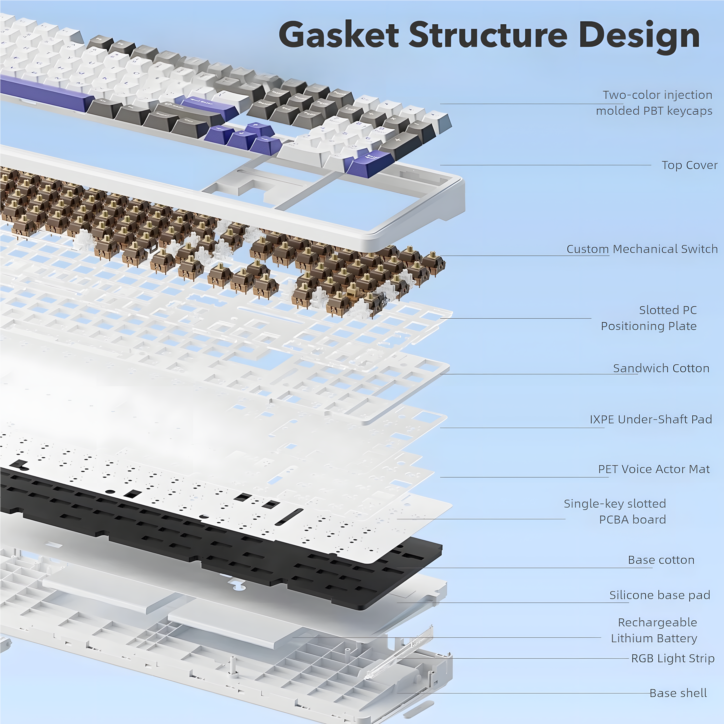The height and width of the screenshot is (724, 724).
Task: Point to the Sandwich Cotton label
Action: click(x=661, y=368)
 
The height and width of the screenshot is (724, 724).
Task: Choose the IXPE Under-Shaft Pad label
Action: click(x=651, y=419)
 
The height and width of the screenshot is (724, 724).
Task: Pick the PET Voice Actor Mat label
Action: click(x=654, y=469)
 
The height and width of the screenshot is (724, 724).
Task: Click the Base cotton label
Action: click(x=661, y=560)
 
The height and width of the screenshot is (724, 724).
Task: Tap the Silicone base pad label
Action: click(x=660, y=595)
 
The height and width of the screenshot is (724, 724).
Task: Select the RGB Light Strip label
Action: click(x=673, y=658)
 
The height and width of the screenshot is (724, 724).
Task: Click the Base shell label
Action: click(x=678, y=693)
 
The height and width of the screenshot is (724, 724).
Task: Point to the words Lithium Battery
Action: click(x=654, y=638)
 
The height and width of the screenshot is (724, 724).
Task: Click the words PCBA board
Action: click(x=633, y=520)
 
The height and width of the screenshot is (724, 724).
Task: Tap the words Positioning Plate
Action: click(x=649, y=326)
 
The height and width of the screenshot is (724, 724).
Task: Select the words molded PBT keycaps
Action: click(x=654, y=111)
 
